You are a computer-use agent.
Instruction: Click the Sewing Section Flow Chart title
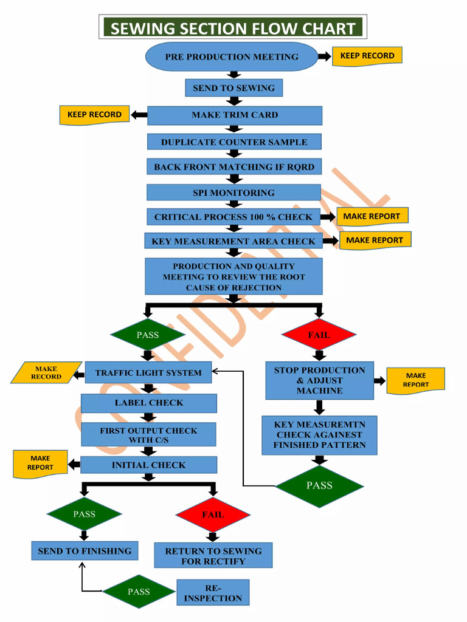point(233,28)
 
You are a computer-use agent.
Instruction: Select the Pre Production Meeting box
point(232,57)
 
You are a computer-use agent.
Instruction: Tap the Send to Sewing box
point(233,88)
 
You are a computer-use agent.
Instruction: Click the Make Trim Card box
point(234,115)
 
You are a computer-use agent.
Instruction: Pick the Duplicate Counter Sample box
point(234,142)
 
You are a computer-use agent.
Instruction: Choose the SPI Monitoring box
point(233,193)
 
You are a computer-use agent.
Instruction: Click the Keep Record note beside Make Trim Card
point(94,114)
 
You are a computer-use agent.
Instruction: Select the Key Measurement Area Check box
point(233,241)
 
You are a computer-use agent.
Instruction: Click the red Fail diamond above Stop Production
point(319,335)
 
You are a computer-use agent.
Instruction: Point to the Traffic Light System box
point(148,373)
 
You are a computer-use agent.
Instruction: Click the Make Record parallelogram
point(46,372)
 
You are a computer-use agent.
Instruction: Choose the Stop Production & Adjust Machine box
point(319,380)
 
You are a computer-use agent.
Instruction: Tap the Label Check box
point(148,403)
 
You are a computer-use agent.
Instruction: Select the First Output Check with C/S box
point(148,435)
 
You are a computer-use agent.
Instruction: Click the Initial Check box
point(148,465)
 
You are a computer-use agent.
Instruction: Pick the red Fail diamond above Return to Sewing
point(213,514)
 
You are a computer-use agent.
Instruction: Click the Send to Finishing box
point(85,551)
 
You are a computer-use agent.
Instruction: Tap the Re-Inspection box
point(213,593)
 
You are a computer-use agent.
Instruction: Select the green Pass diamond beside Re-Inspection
point(139,592)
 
